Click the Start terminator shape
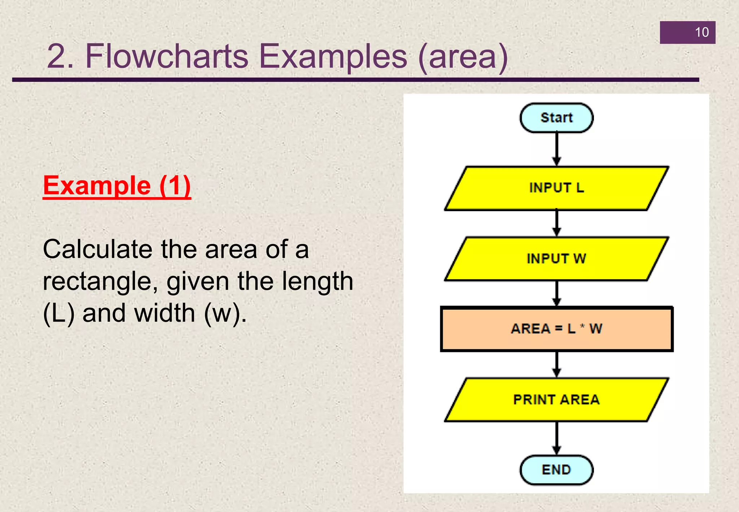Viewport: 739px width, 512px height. click(556, 118)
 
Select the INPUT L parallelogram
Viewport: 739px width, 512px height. click(556, 188)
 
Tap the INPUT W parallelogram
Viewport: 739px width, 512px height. click(556, 259)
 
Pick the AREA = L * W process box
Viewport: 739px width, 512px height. click(556, 329)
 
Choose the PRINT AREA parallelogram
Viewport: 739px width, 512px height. click(556, 400)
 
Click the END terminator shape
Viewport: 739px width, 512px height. click(556, 470)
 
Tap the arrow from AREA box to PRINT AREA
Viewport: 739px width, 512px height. click(557, 364)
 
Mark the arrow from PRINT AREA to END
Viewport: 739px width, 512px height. click(557, 438)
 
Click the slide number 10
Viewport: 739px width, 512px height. click(702, 32)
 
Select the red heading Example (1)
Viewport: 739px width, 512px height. click(117, 186)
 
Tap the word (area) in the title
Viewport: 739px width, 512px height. click(463, 57)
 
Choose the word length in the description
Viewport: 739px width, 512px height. click(317, 281)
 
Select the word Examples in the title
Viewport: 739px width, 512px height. click(333, 57)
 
